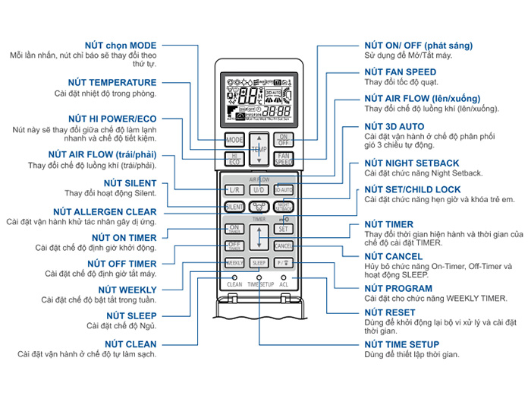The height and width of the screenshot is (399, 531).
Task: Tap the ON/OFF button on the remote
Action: pyautogui.click(x=284, y=139)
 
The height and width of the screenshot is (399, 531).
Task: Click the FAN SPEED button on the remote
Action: pyautogui.click(x=284, y=160)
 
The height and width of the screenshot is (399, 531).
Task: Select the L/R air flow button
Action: pyautogui.click(x=234, y=188)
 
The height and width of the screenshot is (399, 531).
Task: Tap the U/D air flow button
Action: pyautogui.click(x=259, y=188)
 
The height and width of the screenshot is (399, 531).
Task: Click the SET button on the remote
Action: pyautogui.click(x=284, y=228)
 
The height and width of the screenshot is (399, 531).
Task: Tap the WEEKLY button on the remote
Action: pyautogui.click(x=234, y=263)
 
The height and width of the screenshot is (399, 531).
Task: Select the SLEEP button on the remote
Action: pyautogui.click(x=259, y=263)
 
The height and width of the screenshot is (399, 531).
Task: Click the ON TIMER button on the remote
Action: pyautogui.click(x=234, y=228)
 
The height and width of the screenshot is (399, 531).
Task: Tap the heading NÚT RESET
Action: pyautogui.click(x=389, y=312)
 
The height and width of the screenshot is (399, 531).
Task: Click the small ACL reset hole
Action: pyautogui.click(x=284, y=277)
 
